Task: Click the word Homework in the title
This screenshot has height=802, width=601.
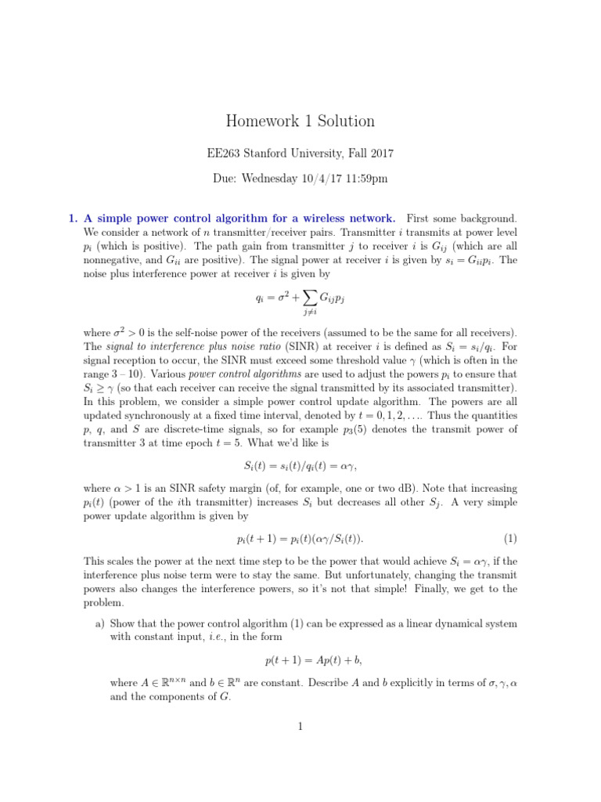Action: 261,121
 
